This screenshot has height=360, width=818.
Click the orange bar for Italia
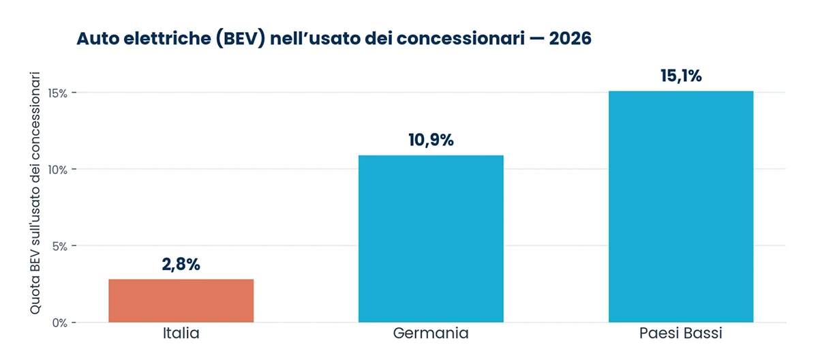tap(181, 301)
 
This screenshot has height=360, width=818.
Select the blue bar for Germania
tap(431, 239)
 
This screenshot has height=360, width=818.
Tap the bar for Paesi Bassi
tap(681, 207)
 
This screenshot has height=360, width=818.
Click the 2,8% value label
tap(181, 265)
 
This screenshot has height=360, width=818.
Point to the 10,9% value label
tap(431, 140)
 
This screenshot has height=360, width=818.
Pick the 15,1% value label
tap(681, 76)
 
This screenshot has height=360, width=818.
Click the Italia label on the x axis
tap(181, 333)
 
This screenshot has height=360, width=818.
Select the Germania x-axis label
tap(431, 333)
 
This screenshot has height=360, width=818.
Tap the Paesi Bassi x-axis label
tap(681, 333)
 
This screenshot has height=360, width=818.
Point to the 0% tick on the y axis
tap(60, 322)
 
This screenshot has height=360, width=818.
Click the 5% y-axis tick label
tap(60, 246)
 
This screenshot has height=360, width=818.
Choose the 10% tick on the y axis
tap(58, 170)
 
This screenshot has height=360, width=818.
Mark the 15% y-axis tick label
tap(58, 93)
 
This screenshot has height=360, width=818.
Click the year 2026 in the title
tap(570, 38)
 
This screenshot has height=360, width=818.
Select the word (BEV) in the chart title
tap(240, 39)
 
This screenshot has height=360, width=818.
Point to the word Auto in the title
tap(97, 38)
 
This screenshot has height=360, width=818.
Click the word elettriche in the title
tap(167, 38)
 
